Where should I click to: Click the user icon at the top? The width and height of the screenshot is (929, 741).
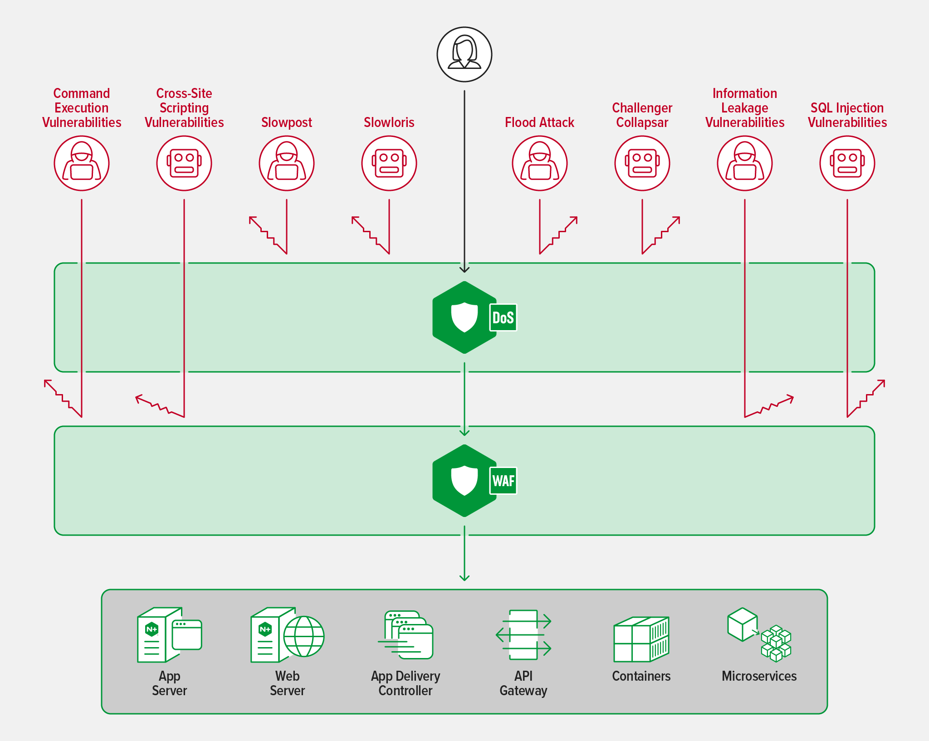point(464,54)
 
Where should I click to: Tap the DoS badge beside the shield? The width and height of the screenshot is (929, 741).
point(503,317)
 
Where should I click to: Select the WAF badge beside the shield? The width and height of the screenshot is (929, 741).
point(503,481)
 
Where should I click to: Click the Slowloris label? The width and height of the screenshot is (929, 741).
point(389,122)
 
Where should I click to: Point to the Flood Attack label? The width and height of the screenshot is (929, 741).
point(539,122)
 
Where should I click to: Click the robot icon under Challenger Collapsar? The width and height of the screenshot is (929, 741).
point(642,163)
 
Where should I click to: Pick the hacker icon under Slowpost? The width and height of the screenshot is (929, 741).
point(286,163)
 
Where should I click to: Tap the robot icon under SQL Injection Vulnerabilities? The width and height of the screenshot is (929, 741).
point(847,163)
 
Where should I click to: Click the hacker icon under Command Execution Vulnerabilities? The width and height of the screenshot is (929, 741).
point(82,163)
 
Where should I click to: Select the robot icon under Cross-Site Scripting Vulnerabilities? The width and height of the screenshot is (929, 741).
point(184,163)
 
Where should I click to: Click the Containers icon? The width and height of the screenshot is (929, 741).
point(641,639)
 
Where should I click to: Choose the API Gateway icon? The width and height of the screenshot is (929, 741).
point(523,634)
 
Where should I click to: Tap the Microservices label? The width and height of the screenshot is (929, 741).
point(759,676)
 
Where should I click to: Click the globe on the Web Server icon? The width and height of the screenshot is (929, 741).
point(303,636)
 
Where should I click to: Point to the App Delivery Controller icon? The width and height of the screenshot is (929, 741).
point(406,634)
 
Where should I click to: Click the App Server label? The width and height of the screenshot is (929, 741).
point(169,683)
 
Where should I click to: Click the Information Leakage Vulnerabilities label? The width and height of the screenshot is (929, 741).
point(744,108)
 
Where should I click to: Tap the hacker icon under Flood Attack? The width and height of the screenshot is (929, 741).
point(539,163)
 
